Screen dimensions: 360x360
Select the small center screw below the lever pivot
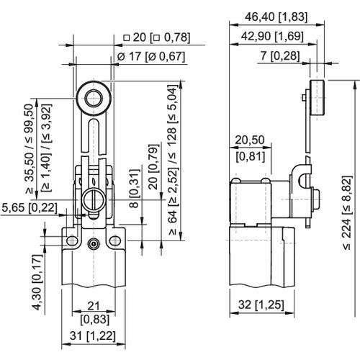coord(94,246)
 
